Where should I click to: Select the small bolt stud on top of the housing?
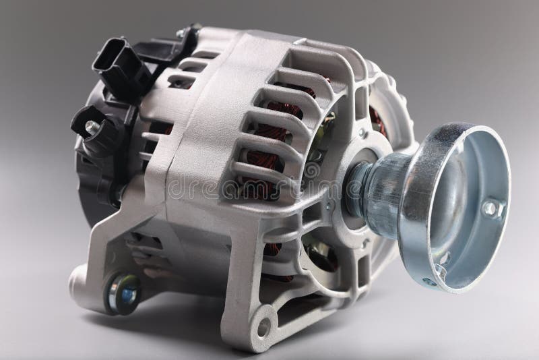click(x=181, y=32)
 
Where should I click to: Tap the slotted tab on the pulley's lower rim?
click(x=445, y=260)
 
